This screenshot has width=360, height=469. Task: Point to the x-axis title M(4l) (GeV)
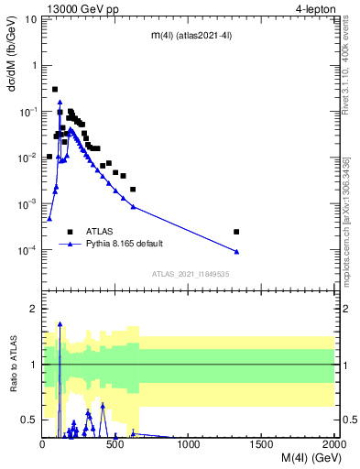[299, 457]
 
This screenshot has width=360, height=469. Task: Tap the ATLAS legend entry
[99, 232]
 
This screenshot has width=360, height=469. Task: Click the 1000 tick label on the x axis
[188, 443]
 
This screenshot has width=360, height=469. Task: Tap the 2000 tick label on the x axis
[333, 443]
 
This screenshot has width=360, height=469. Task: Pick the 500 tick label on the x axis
[115, 443]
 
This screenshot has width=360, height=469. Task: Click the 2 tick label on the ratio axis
[34, 309]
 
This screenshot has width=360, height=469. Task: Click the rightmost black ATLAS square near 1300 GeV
[236, 232]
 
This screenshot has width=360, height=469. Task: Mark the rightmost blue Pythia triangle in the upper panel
[236, 252]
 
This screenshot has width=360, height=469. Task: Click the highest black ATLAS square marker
[55, 89]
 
